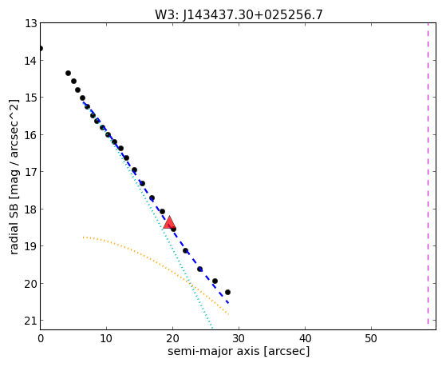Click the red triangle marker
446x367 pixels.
169,223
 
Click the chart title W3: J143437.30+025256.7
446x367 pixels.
239,14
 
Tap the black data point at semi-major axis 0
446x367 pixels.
41,49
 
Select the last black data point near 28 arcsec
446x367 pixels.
227,293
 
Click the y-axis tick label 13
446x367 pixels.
31,23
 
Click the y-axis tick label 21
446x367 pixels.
31,321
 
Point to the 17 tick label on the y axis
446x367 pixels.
31,172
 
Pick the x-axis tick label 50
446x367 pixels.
371,338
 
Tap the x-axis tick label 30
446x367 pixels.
239,338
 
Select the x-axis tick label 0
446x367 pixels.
41,338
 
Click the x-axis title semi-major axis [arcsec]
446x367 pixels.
239,351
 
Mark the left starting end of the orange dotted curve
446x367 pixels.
83,237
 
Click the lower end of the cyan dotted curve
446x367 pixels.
211,327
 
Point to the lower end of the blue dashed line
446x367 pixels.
228,303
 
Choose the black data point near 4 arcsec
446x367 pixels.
69,74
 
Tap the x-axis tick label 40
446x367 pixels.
305,338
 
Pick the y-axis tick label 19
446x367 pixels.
31,246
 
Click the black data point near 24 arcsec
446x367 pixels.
200,269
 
